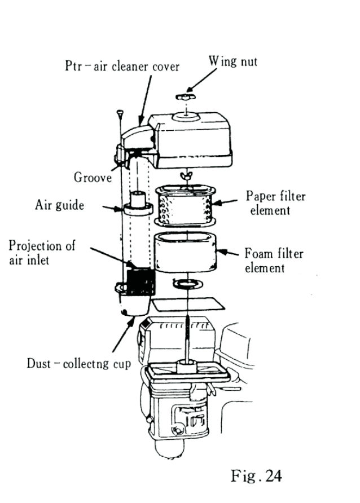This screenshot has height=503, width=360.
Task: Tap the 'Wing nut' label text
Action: pos(232,61)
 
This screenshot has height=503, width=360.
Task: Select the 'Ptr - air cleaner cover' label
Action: pos(122,67)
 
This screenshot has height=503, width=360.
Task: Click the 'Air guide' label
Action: pos(59,205)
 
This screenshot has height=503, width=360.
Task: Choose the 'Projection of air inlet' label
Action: pos(42,253)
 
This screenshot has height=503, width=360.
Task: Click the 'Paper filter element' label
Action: pos(275,203)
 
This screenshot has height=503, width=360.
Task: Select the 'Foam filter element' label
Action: pos(274,261)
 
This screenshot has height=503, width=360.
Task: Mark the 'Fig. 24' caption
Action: pos(256,476)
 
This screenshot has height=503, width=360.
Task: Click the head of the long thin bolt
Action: pos(120,113)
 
